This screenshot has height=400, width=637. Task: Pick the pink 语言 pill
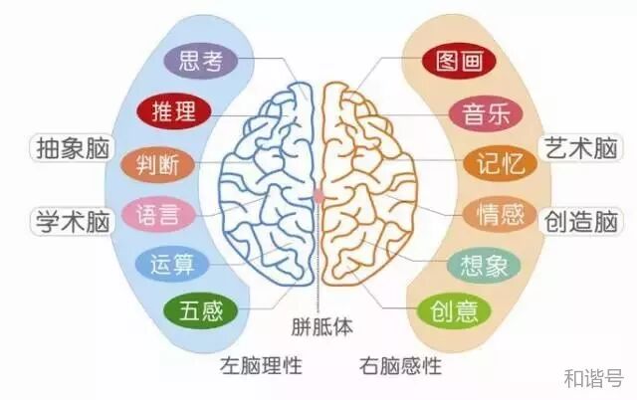[158, 214]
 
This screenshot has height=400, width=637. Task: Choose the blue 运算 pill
[172, 265]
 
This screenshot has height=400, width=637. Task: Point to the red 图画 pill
[458, 62]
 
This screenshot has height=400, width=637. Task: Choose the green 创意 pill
[455, 312]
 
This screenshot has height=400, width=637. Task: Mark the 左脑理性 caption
[260, 365]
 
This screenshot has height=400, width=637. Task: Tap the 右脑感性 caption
[400, 365]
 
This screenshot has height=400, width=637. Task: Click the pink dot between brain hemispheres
[319, 197]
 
